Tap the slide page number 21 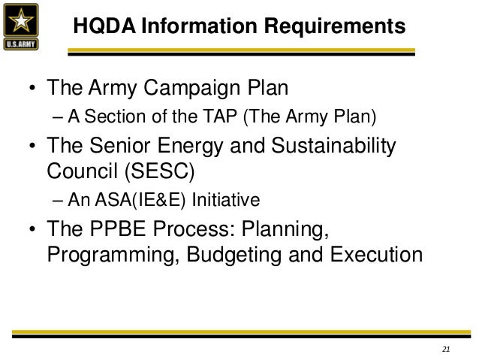click(445, 349)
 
